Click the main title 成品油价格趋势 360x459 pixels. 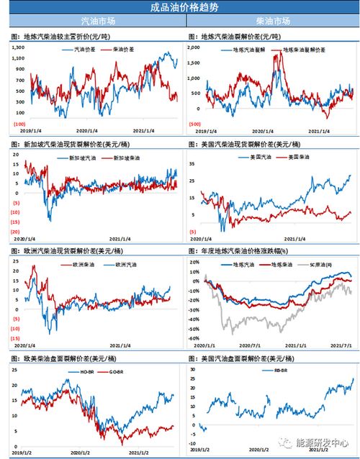pos(180,8)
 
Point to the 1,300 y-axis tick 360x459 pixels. pos(18,47)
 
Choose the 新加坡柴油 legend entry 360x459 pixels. pos(129,157)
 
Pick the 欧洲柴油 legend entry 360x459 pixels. pos(85,265)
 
